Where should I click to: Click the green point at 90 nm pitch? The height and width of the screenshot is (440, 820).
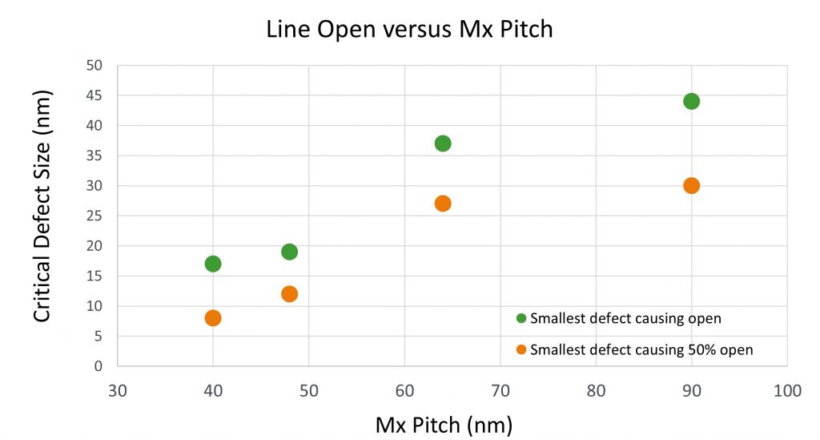691,102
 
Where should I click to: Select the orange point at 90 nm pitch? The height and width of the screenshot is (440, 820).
691,186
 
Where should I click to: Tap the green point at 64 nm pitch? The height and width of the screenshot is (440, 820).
443,143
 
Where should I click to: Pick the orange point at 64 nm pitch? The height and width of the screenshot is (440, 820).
443,204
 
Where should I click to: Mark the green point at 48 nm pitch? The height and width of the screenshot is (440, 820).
289,252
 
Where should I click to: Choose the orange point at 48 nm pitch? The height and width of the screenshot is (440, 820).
289,294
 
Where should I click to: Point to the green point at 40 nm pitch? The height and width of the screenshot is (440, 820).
213,264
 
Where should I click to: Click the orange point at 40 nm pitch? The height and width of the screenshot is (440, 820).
213,318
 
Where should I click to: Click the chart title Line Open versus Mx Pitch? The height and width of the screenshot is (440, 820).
409,30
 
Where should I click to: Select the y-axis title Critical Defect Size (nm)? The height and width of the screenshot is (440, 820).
42,206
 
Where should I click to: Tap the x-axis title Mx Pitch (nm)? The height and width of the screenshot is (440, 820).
444,426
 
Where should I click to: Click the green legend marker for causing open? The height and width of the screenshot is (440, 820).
521,318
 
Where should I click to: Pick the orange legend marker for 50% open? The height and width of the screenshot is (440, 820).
521,349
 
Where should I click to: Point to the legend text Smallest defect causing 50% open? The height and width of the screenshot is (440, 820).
641,350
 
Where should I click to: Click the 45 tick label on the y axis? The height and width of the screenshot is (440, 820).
94,95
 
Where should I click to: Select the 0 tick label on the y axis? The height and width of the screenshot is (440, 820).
98,366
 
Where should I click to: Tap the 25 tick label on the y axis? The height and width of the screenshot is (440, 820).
94,216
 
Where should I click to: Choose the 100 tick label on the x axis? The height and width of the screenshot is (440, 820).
787,391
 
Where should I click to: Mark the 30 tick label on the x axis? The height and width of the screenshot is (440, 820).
118,391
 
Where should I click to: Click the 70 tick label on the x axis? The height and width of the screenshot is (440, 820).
500,391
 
